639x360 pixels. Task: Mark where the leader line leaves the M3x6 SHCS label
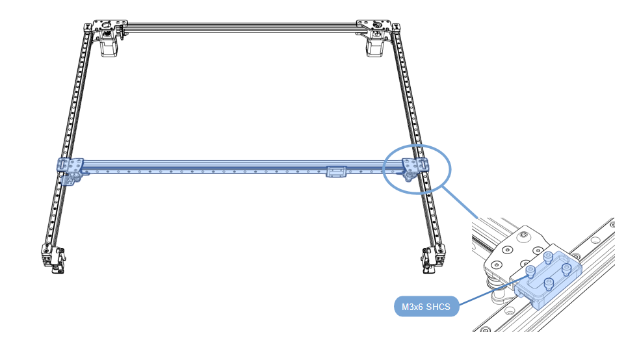(x=460, y=304)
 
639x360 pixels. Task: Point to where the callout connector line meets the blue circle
(x=442, y=186)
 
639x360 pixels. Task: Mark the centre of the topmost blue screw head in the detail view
(x=548, y=257)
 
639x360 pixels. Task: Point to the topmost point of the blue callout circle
(x=417, y=144)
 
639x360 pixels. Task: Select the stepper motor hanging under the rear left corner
(x=109, y=47)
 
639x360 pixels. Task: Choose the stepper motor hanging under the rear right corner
(x=375, y=47)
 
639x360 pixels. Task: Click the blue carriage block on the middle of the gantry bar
(x=337, y=172)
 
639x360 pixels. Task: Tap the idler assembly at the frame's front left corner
(x=53, y=258)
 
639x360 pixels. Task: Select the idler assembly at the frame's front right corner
(x=433, y=258)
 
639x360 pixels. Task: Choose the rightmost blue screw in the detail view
(x=566, y=268)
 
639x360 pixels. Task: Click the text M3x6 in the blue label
(x=412, y=307)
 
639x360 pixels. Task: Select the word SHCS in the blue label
(x=438, y=307)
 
